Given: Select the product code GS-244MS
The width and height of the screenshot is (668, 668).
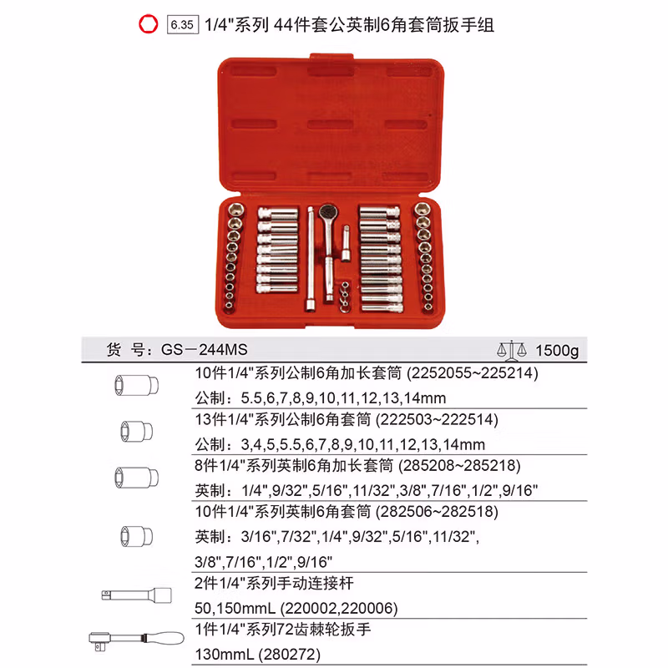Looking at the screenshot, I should pos(204,351).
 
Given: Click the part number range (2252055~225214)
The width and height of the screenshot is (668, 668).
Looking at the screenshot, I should pos(461,373).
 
